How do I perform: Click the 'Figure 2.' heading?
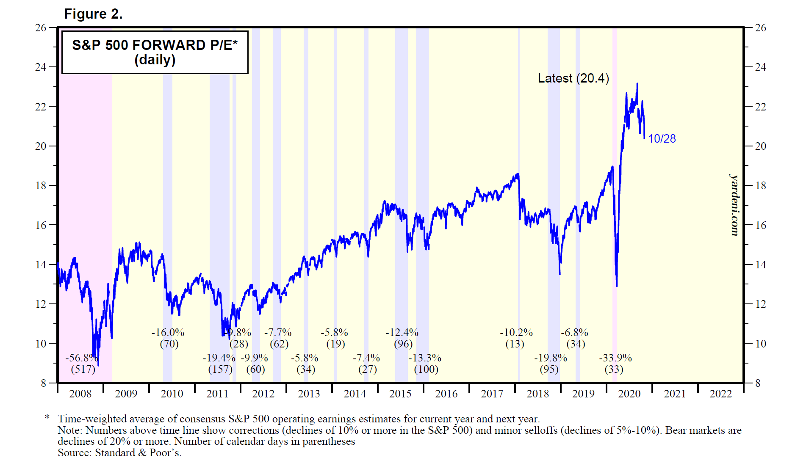point(93,14)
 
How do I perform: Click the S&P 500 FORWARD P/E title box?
point(155,52)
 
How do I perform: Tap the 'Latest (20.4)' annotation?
point(573,78)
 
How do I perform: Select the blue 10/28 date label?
point(662,139)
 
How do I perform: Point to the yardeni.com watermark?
point(734,205)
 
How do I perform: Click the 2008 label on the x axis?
point(80,394)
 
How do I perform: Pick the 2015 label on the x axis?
point(400,394)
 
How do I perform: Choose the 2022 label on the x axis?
point(720,394)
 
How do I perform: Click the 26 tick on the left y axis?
point(41,28)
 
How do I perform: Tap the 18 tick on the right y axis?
point(761,185)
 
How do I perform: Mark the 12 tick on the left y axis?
point(41,304)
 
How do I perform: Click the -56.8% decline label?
point(81,358)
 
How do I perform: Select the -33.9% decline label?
point(615,358)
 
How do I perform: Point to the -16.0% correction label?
point(168,333)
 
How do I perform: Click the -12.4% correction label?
point(402,333)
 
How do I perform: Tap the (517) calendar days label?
point(83,369)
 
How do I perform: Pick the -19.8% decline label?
point(550,358)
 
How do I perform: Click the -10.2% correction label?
point(516,333)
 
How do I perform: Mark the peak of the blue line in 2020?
point(637,84)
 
